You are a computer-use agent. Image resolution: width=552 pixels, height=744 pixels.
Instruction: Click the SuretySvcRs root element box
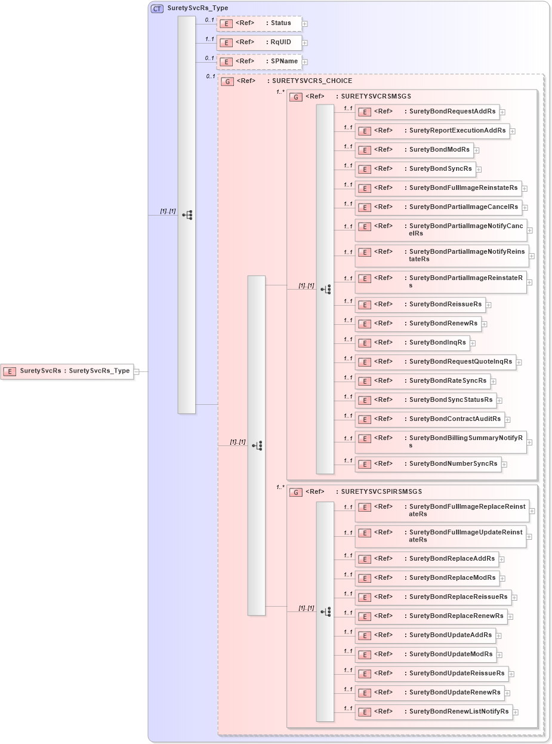coord(67,371)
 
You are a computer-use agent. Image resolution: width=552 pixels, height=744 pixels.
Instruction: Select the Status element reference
coord(260,23)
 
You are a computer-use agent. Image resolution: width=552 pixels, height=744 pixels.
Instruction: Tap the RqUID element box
coord(260,42)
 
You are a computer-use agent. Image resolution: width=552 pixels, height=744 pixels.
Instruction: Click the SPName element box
coord(260,62)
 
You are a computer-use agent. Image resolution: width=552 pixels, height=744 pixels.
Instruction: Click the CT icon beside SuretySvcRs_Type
coord(157,8)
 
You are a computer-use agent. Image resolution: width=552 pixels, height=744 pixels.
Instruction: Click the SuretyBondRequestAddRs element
coord(427,112)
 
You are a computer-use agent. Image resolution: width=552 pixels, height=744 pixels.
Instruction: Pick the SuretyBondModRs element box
coord(414,150)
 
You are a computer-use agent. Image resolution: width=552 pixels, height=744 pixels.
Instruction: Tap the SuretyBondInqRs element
coord(412,343)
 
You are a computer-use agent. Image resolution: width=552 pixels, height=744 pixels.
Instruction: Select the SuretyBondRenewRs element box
coord(418,324)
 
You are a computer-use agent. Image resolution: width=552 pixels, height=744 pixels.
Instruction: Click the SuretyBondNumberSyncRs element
coord(428,464)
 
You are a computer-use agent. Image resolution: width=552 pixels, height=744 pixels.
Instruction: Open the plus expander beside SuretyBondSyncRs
coord(479,170)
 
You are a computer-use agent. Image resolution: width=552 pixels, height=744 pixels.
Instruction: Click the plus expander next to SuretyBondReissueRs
coord(489,305)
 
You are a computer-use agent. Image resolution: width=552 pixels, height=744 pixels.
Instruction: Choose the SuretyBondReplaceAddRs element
coord(427,559)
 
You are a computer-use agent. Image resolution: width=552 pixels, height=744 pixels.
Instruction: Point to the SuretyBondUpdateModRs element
coord(425,654)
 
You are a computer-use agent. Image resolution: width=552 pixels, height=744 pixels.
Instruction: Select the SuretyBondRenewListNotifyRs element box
coord(434,712)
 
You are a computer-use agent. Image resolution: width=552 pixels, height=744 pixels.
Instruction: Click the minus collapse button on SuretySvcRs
coord(137,371)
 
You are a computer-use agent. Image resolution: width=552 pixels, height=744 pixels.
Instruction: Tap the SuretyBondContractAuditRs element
coord(430,419)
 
